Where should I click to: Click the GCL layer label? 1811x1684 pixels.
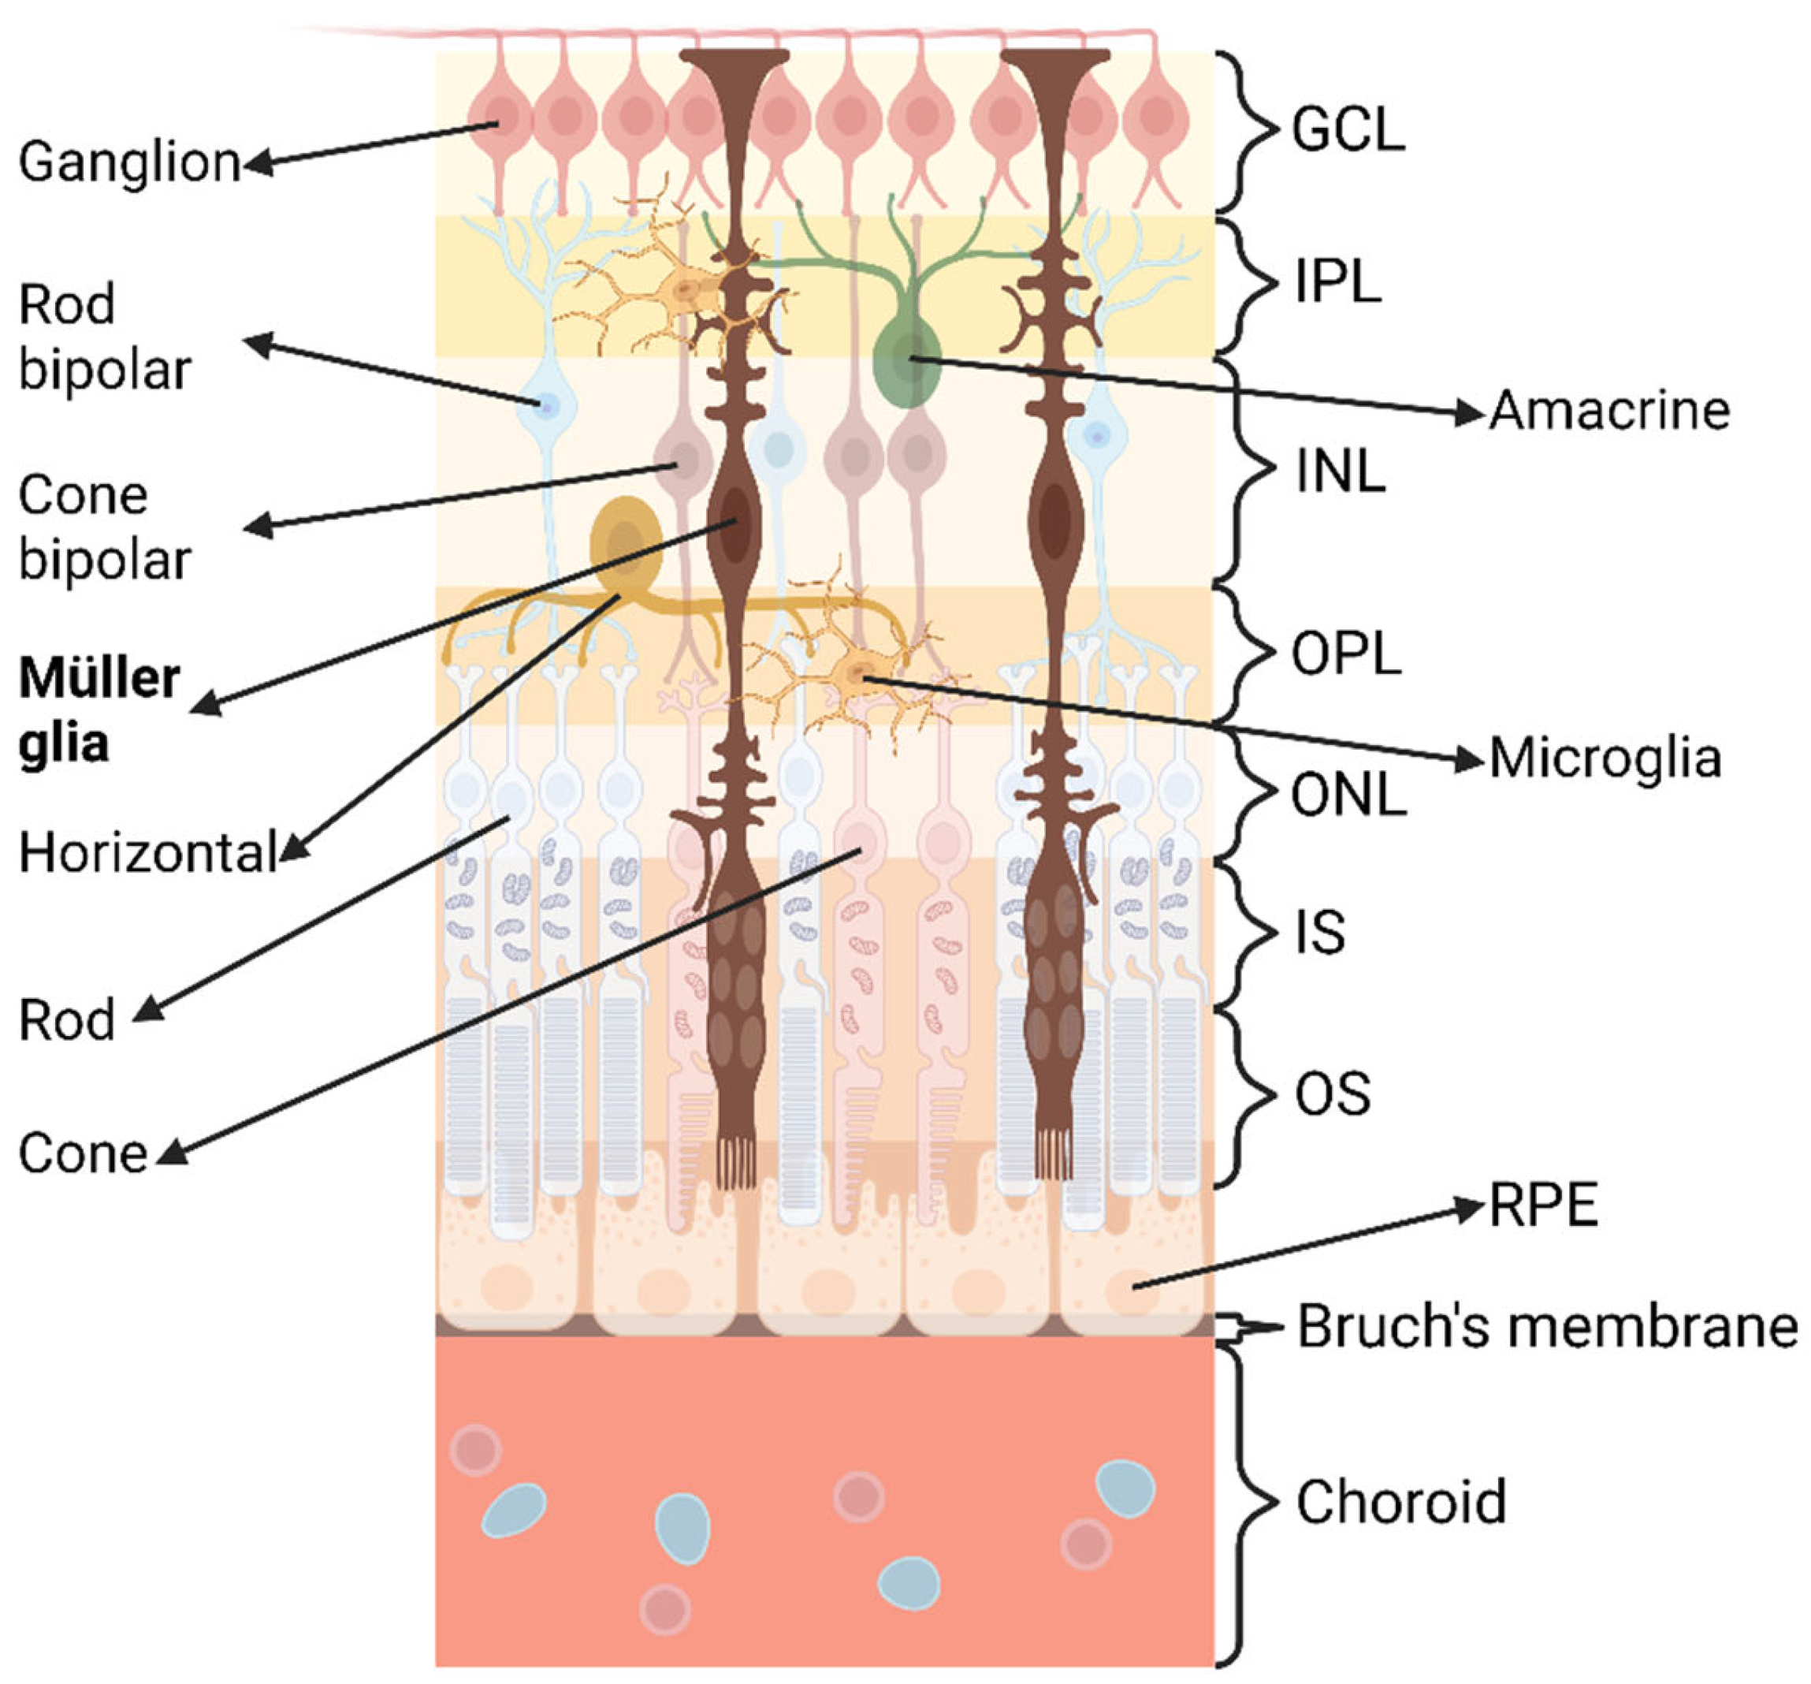coord(1348,129)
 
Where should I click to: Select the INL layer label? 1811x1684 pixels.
coord(1339,471)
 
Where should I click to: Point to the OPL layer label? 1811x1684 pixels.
coord(1345,654)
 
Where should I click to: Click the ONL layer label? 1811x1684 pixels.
coord(1348,795)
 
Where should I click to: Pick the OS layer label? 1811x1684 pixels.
coord(1332,1093)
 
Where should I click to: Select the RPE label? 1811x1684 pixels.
coord(1543,1205)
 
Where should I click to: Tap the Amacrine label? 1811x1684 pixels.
coord(1608,410)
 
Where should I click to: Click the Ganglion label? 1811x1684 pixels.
coord(129,162)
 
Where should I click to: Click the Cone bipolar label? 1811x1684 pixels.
coord(104,527)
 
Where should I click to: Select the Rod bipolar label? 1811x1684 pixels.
coord(104,337)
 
